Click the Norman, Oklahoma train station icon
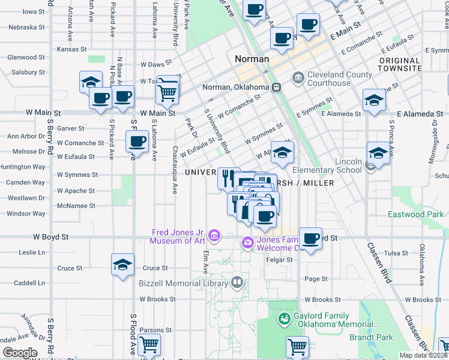coord(277,87)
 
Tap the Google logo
coord(20,353)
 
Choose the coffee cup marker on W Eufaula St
coord(137,142)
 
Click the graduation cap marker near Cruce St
coord(122,265)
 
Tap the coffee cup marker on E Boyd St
coord(310,239)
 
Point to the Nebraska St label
coord(26,27)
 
